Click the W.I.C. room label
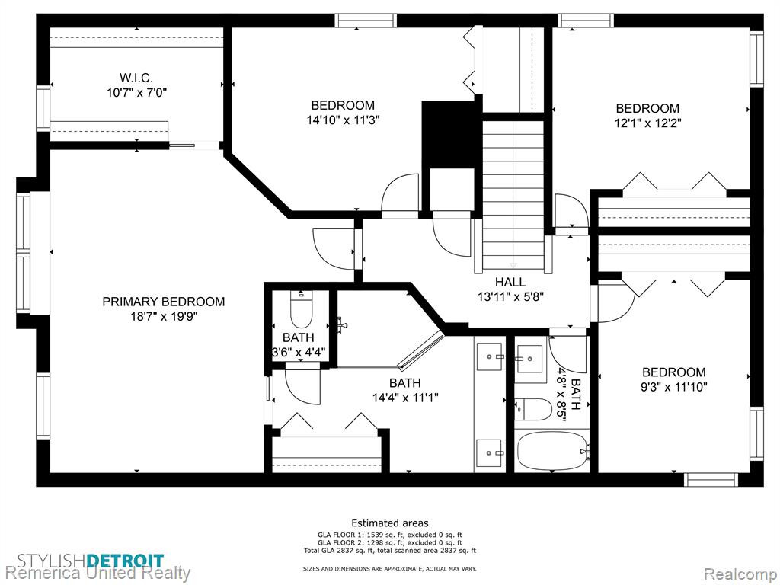[136, 78]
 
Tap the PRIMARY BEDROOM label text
[164, 302]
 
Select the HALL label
[510, 282]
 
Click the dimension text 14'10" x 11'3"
[344, 120]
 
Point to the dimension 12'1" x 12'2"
[647, 123]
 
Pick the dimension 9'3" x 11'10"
[674, 386]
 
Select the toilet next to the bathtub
[532, 409]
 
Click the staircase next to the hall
[513, 194]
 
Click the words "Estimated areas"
[389, 523]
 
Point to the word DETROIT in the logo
[125, 561]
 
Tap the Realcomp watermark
[740, 574]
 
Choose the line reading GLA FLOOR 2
[390, 542]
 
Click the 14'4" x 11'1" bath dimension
[405, 398]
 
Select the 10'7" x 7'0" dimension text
[136, 92]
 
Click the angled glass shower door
[420, 351]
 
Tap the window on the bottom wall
[710, 479]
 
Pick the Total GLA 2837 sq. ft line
[390, 551]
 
